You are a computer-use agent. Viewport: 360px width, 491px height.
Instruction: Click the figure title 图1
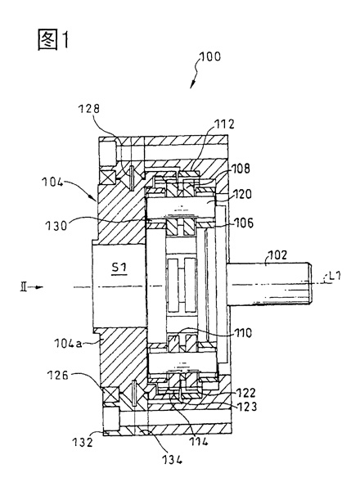click(53, 39)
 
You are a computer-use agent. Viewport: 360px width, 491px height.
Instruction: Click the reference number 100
click(210, 56)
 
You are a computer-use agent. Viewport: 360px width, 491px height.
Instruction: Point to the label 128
click(88, 109)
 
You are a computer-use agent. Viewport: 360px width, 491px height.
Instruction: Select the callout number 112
click(225, 124)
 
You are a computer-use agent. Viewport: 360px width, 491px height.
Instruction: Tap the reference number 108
click(241, 168)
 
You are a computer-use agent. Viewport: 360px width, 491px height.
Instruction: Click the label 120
click(242, 194)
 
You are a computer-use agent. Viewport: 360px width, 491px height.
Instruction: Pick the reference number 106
click(243, 223)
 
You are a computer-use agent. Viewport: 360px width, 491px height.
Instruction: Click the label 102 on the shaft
click(277, 255)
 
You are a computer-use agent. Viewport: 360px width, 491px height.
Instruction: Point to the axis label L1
click(334, 277)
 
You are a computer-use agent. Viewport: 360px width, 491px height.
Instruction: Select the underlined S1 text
click(119, 268)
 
